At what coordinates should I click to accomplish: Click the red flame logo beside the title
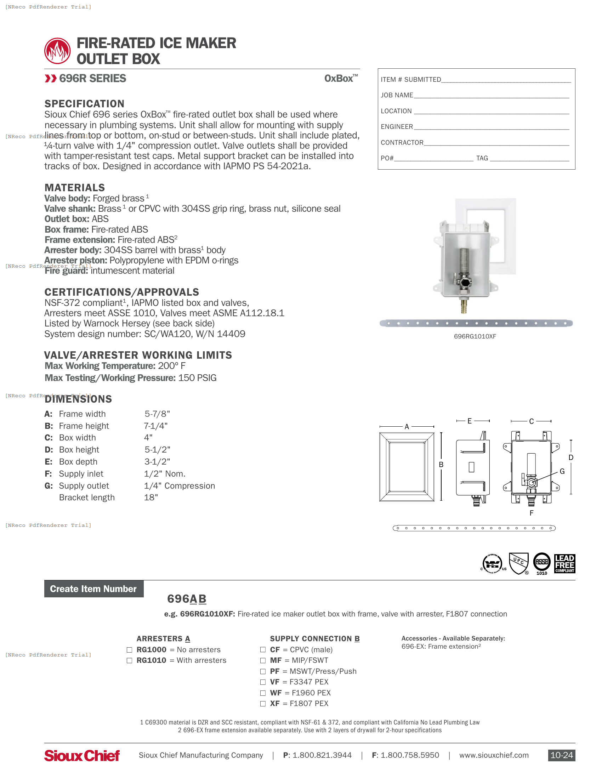pyautogui.click(x=57, y=51)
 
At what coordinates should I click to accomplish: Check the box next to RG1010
pyautogui.click(x=130, y=661)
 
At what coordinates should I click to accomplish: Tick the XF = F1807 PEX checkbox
pyautogui.click(x=263, y=704)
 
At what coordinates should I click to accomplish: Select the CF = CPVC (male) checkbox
pyautogui.click(x=263, y=650)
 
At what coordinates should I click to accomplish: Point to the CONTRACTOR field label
pyautogui.click(x=402, y=143)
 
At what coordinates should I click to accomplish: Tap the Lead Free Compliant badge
pyautogui.click(x=564, y=564)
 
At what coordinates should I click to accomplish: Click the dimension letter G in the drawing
pyautogui.click(x=562, y=472)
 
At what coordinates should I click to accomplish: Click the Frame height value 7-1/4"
pyautogui.click(x=155, y=426)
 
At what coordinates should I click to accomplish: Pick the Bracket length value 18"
pyautogui.click(x=151, y=497)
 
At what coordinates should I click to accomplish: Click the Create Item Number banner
pyautogui.click(x=93, y=589)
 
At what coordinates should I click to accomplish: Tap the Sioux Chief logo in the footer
pyautogui.click(x=82, y=756)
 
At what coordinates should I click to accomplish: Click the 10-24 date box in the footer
pyautogui.click(x=561, y=756)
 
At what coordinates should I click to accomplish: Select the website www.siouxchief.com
pyautogui.click(x=494, y=756)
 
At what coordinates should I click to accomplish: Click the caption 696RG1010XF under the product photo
pyautogui.click(x=475, y=336)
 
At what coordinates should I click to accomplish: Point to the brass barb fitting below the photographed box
pyautogui.click(x=464, y=306)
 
